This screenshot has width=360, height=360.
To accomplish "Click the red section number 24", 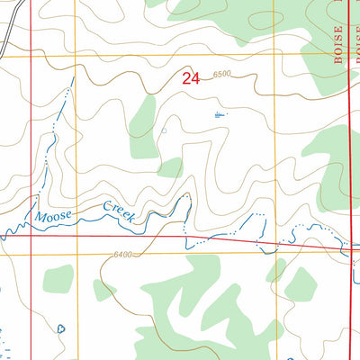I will pyautogui.click(x=190, y=79).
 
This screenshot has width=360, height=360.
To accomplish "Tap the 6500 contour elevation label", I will pyautogui.click(x=222, y=74).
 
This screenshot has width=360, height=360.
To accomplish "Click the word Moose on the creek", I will pyautogui.click(x=50, y=217).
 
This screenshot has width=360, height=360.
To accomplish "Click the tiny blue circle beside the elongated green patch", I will pyautogui.click(x=164, y=130).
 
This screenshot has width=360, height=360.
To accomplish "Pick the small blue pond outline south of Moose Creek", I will pyautogui.click(x=60, y=328).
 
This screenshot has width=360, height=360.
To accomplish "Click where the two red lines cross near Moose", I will pyautogui.click(x=31, y=236).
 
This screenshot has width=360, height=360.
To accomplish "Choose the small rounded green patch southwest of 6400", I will pyautogui.click(x=58, y=279).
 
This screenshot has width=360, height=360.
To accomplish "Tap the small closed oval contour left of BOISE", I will pyautogui.click(x=263, y=19).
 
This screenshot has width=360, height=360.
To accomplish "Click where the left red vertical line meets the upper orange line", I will pyautogui.click(x=31, y=57).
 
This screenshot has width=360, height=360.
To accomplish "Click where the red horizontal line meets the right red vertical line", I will pyautogui.click(x=349, y=248).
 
